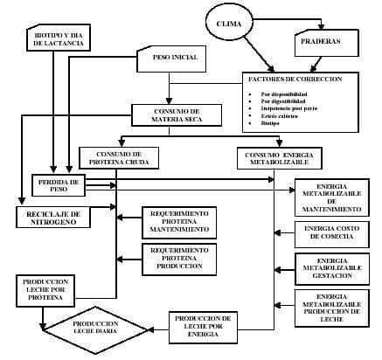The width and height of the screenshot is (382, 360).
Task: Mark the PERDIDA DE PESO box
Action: (x=60, y=184)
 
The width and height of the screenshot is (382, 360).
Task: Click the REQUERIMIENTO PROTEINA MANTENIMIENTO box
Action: (x=178, y=222)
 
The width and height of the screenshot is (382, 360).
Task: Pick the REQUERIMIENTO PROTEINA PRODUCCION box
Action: (x=178, y=259)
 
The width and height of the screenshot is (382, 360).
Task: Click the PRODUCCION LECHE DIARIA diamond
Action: (x=96, y=327)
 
